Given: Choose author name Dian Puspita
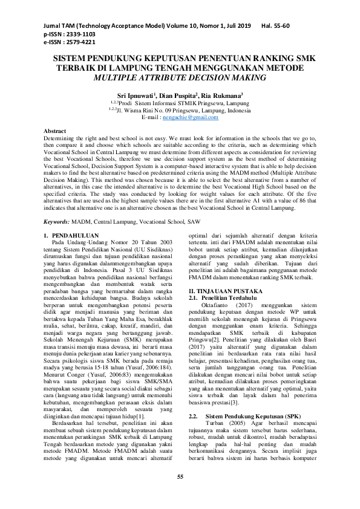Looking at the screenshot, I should pos(180,96).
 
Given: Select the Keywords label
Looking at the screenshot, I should pos(57,206).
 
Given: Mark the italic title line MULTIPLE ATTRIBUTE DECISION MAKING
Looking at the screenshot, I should pos(180,77).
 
